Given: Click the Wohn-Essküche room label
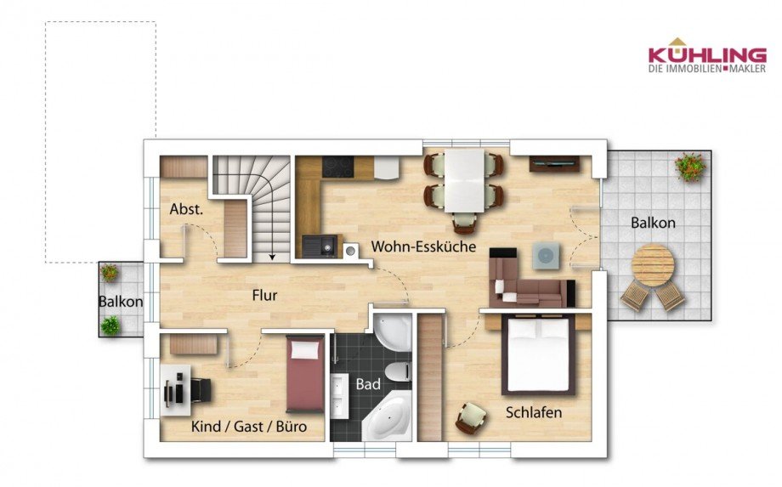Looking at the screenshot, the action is point(423,246).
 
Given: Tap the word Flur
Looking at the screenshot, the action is point(264,295).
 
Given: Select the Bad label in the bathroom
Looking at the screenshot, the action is point(368,384).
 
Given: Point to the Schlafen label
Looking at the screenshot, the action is point(534,413).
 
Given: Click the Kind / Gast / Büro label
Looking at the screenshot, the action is point(249,427).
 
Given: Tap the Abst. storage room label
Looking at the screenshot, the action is point(186,209).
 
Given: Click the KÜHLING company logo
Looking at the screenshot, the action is point(707,55).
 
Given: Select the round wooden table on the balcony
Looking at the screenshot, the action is point(653,264).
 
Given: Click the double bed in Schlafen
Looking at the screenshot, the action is point(538,355).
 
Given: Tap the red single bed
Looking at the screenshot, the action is point(304,373).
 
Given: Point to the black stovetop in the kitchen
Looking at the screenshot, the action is point(337,167).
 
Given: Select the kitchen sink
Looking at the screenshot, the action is point(320,246).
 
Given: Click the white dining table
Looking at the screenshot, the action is point(465,180).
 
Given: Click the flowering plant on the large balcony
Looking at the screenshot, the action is point(690,167).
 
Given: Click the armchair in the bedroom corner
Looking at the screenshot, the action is point(471,417).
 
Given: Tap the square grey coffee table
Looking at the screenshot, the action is point(545,256).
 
